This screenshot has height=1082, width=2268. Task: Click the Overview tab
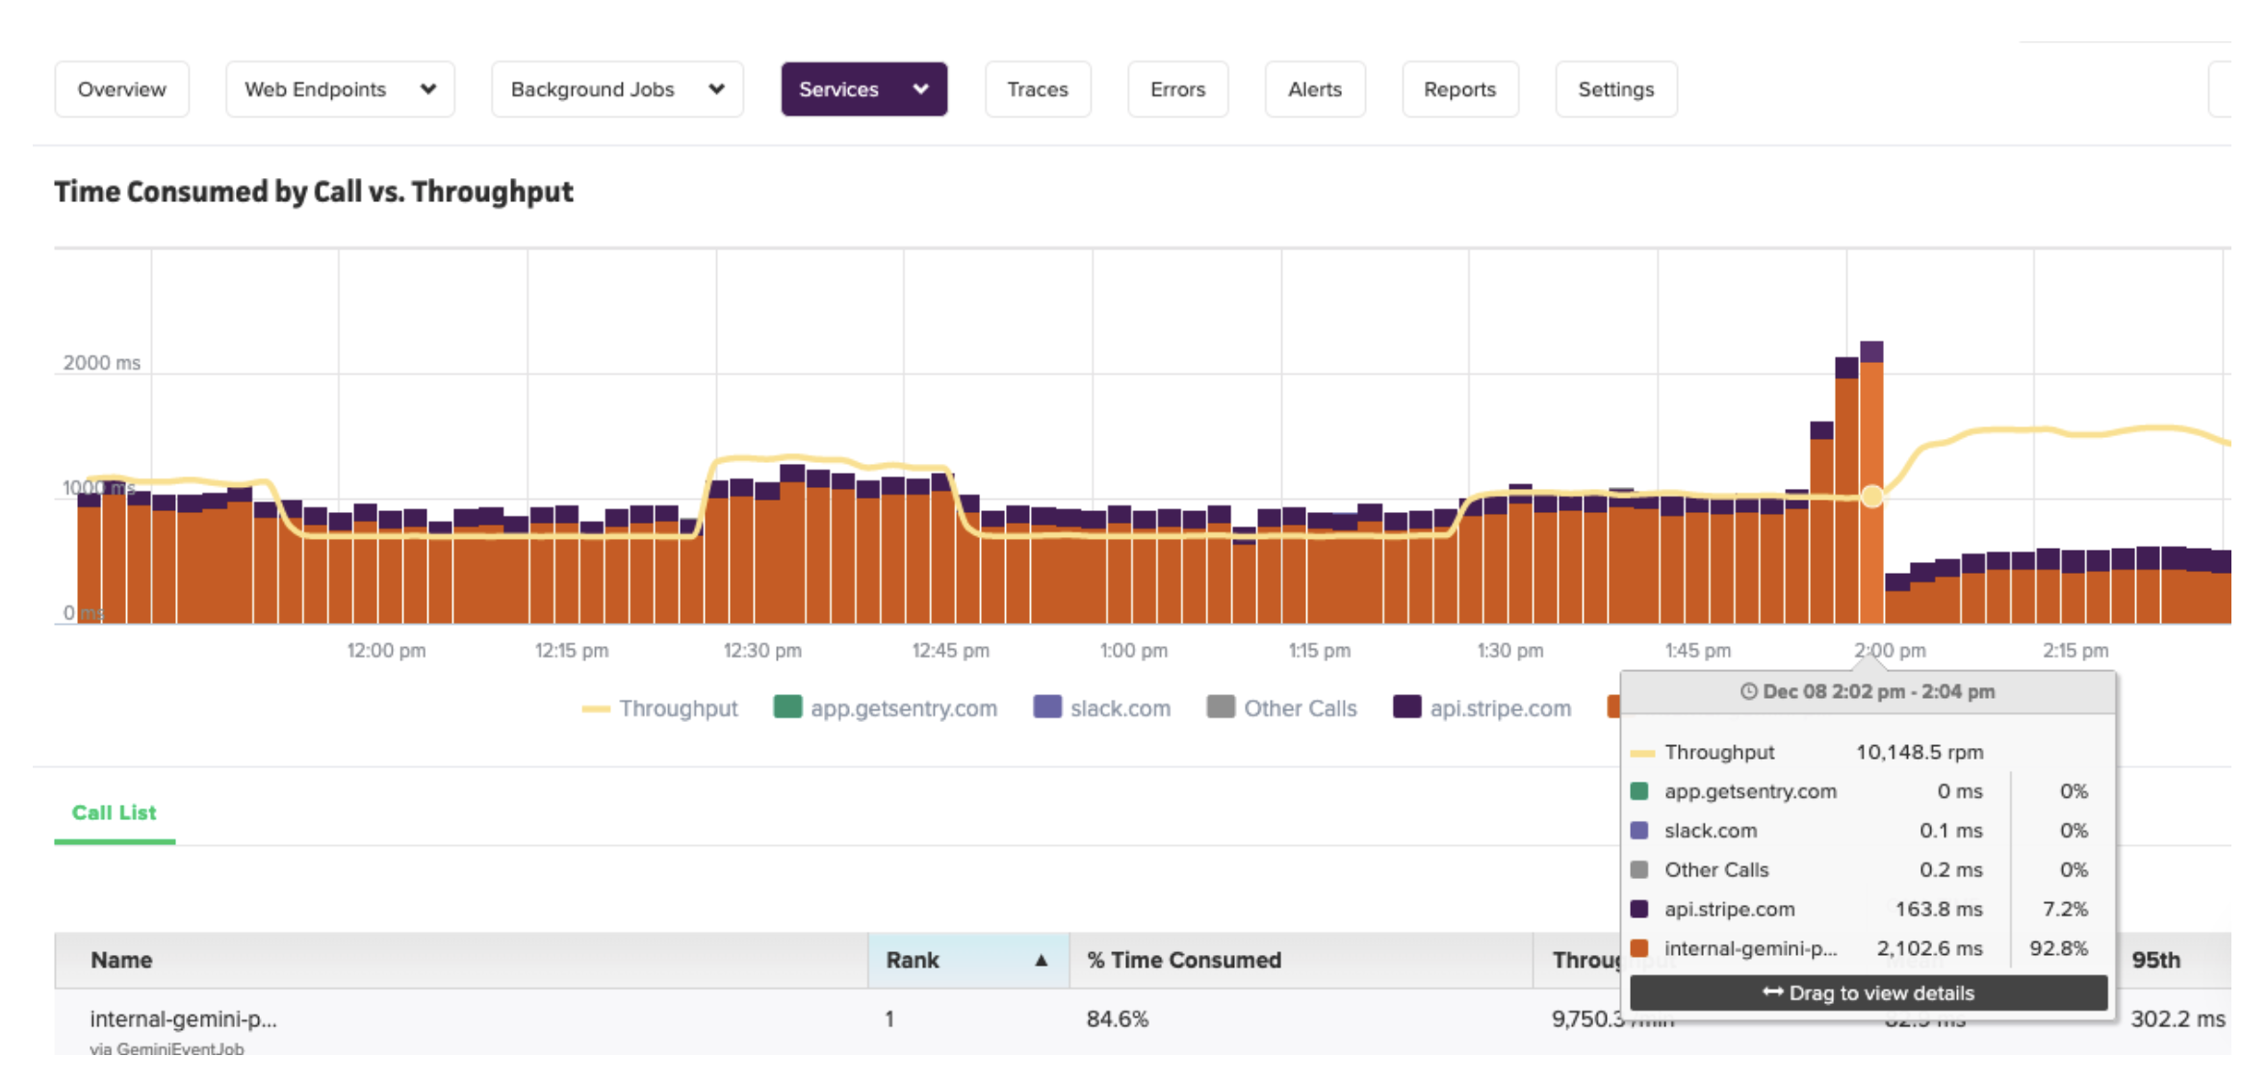tap(121, 90)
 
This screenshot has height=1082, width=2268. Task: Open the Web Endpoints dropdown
tap(340, 90)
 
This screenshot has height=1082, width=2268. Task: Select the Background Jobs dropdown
tap(617, 90)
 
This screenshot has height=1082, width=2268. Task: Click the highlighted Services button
tap(863, 90)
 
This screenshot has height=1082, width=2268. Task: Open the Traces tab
tap(1037, 90)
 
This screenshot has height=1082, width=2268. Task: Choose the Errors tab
tap(1177, 90)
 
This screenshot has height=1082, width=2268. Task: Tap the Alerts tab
tap(1314, 90)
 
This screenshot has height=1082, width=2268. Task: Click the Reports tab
tap(1459, 90)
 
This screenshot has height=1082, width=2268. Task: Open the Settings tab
tap(1615, 90)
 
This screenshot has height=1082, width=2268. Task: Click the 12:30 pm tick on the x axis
tap(762, 651)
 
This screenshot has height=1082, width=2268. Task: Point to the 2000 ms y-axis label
tap(101, 363)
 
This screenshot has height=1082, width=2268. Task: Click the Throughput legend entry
tap(660, 708)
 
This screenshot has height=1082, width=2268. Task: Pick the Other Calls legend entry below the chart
tap(1282, 708)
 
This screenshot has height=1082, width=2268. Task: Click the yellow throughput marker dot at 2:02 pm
tap(1871, 497)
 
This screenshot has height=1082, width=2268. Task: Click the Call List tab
tap(114, 812)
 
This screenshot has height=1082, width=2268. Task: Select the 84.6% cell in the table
tap(1117, 1018)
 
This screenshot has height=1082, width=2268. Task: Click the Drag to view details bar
tap(1868, 992)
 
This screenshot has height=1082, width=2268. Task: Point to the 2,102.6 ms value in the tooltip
tap(1929, 948)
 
